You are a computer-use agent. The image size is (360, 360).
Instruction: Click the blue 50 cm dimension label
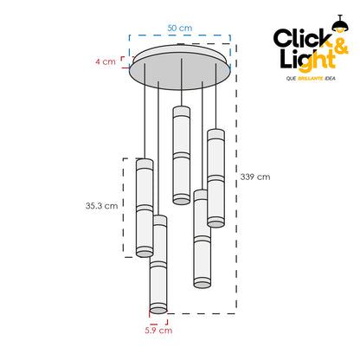coord(179,28)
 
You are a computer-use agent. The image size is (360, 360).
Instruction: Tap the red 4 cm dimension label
coord(106,61)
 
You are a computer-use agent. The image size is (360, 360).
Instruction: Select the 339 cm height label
coord(255,177)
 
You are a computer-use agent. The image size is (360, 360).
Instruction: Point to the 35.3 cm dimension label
coord(101,206)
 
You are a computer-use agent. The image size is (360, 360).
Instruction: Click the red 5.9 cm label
coord(158,331)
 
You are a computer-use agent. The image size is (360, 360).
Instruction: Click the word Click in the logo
coord(302,38)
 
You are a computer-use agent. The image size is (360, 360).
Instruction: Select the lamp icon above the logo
coord(340,23)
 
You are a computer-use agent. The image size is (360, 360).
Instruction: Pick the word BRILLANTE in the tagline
coord(310,79)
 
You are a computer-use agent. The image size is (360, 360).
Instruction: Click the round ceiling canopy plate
coord(180,67)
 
